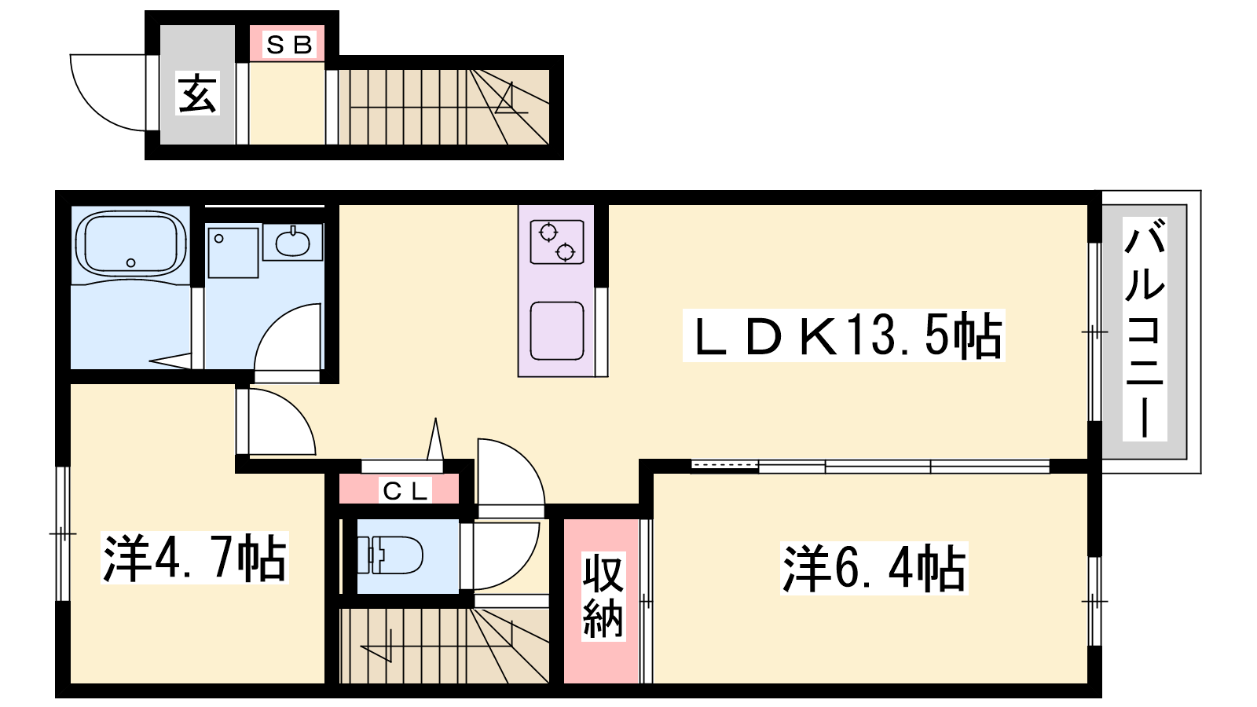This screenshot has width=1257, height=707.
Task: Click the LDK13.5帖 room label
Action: (844, 335)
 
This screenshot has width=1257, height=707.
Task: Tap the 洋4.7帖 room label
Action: (195, 558)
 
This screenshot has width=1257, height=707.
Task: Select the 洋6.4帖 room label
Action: (874, 568)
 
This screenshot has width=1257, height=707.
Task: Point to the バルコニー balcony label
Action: (1145, 329)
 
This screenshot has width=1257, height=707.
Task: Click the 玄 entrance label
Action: (197, 93)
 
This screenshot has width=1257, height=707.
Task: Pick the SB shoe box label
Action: (288, 44)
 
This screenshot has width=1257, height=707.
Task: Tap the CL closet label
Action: (405, 492)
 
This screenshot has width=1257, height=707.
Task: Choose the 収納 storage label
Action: (603, 596)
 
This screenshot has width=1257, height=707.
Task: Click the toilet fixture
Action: (390, 555)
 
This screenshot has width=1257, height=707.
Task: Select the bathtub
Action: (130, 244)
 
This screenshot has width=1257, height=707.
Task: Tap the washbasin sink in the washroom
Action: (292, 243)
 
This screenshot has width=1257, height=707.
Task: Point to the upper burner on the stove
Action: (548, 232)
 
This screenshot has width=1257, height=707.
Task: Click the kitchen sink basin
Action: (557, 331)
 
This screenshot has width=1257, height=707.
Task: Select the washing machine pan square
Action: (233, 252)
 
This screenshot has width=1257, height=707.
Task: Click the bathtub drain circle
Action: (130, 262)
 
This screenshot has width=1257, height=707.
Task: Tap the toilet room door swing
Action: (522, 566)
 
